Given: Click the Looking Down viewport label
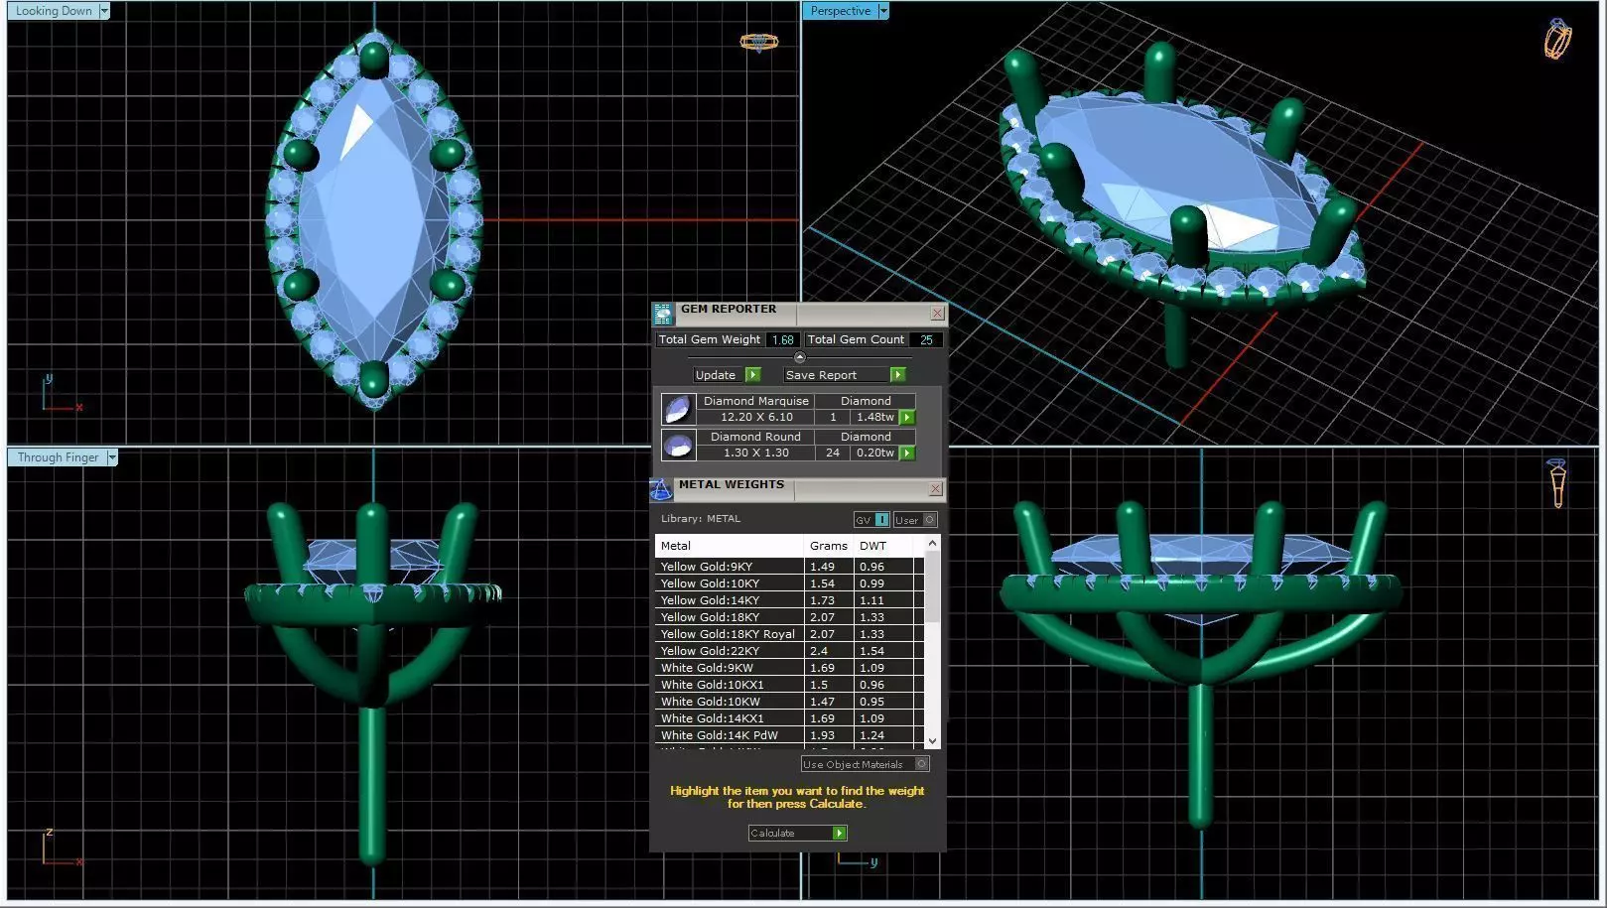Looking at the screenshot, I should point(54,11).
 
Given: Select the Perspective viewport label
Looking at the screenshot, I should point(840,11).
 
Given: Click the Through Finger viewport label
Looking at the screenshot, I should point(58,457).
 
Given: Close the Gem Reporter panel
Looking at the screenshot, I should point(937,314).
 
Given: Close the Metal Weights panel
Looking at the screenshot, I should point(935,489).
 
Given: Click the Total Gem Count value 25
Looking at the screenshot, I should point(926,339).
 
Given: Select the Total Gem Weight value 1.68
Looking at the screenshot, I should point(782,339).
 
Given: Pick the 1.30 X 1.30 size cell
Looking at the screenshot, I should point(755,453).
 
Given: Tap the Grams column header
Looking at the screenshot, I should point(828,546).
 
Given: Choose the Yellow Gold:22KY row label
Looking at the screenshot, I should point(710,651).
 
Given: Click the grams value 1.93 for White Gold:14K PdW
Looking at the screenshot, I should point(822,735).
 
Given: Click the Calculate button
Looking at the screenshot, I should point(797,833).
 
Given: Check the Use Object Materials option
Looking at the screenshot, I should point(922,764).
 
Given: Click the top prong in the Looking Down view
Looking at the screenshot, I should point(373,58).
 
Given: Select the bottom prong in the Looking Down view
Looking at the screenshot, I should point(373,378).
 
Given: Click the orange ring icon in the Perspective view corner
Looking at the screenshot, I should point(1557,39).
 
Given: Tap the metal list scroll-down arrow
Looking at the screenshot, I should point(931,741).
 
